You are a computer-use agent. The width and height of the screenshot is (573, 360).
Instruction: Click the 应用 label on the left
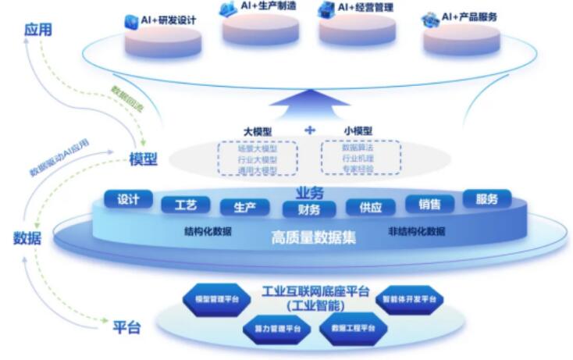37,30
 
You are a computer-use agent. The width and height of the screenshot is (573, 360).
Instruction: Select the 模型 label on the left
144,159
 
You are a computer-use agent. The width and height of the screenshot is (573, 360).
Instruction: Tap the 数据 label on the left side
27,239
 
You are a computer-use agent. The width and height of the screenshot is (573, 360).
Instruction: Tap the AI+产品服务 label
467,17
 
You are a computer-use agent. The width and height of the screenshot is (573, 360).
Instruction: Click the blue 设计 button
129,199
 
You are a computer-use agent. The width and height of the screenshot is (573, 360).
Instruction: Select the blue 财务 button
308,209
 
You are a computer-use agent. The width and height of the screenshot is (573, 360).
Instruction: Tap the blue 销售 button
429,205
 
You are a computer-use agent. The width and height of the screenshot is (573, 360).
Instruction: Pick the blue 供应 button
370,208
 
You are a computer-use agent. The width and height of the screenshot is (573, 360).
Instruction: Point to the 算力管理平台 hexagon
277,329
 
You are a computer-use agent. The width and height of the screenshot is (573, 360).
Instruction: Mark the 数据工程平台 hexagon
353,328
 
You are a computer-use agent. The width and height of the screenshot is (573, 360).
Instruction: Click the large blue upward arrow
311,103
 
